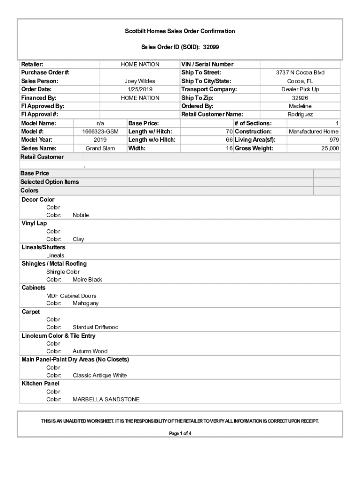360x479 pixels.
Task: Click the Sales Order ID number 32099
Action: tap(211, 47)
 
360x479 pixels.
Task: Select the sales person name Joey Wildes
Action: tap(140, 81)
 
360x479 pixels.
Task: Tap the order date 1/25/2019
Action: tap(140, 89)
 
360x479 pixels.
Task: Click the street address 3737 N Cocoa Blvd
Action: tap(300, 73)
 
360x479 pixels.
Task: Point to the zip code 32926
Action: tap(300, 98)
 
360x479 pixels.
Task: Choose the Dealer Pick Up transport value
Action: tap(300, 89)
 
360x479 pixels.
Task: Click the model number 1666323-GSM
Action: tap(97, 131)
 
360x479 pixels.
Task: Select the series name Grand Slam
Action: tap(100, 148)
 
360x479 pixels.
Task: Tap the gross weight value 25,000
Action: tap(330, 148)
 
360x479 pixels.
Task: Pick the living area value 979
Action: tap(333, 140)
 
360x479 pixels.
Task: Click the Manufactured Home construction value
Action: tap(313, 131)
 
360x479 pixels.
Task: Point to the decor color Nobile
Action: tap(80, 215)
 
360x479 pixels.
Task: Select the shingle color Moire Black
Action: tap(87, 280)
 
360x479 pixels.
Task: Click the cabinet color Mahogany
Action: tap(86, 303)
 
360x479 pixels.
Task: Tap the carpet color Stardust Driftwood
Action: tap(95, 327)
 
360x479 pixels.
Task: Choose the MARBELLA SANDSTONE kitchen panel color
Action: tap(106, 399)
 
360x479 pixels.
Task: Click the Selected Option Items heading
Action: tap(50, 182)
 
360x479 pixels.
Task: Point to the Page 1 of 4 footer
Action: tap(180, 433)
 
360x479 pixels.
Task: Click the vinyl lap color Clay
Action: tap(78, 239)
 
